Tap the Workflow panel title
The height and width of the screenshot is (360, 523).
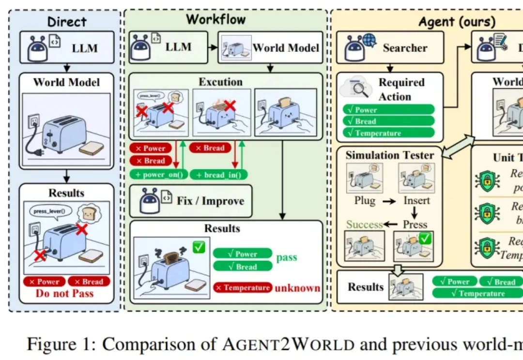pyautogui.click(x=216, y=19)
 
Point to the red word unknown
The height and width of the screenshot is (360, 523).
pyautogui.click(x=298, y=288)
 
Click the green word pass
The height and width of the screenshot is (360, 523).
pyautogui.click(x=286, y=257)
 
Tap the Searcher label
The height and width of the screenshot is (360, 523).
pyautogui.click(x=405, y=48)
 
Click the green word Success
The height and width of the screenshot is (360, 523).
pyautogui.click(x=364, y=224)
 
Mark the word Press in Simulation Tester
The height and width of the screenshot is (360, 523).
pyautogui.click(x=415, y=224)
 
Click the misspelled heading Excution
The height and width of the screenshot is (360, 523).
pyautogui.click(x=221, y=81)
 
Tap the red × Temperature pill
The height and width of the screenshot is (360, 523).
pyautogui.click(x=242, y=288)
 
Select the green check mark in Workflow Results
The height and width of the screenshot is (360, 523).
pyautogui.click(x=199, y=248)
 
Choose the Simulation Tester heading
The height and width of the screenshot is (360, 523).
pyautogui.click(x=389, y=155)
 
